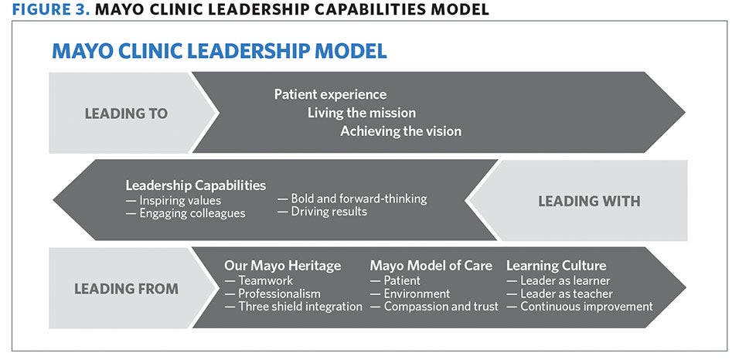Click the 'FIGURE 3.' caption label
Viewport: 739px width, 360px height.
51,9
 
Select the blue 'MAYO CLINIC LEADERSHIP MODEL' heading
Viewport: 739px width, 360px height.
220,51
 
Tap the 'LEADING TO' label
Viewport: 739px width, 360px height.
126,114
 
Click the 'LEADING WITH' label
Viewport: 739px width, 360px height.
589,202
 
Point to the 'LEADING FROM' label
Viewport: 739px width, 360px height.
126,289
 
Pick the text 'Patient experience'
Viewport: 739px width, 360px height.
330,95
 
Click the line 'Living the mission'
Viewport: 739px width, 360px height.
362,113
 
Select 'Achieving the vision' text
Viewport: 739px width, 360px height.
400,131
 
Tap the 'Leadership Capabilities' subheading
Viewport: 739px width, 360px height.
196,185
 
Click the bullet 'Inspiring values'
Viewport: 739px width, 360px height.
173,201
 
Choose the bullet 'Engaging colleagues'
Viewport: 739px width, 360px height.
186,213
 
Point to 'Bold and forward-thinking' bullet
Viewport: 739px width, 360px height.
352,199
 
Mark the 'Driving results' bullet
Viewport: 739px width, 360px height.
322,212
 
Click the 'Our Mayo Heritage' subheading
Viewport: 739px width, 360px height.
282,266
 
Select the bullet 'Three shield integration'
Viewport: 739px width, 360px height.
293,307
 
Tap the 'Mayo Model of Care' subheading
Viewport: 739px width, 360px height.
431,266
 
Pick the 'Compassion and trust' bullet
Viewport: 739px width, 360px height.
434,307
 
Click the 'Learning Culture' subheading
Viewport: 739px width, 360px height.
556,266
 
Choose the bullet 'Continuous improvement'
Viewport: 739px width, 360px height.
580,307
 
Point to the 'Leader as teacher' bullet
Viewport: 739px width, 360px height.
560,294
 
